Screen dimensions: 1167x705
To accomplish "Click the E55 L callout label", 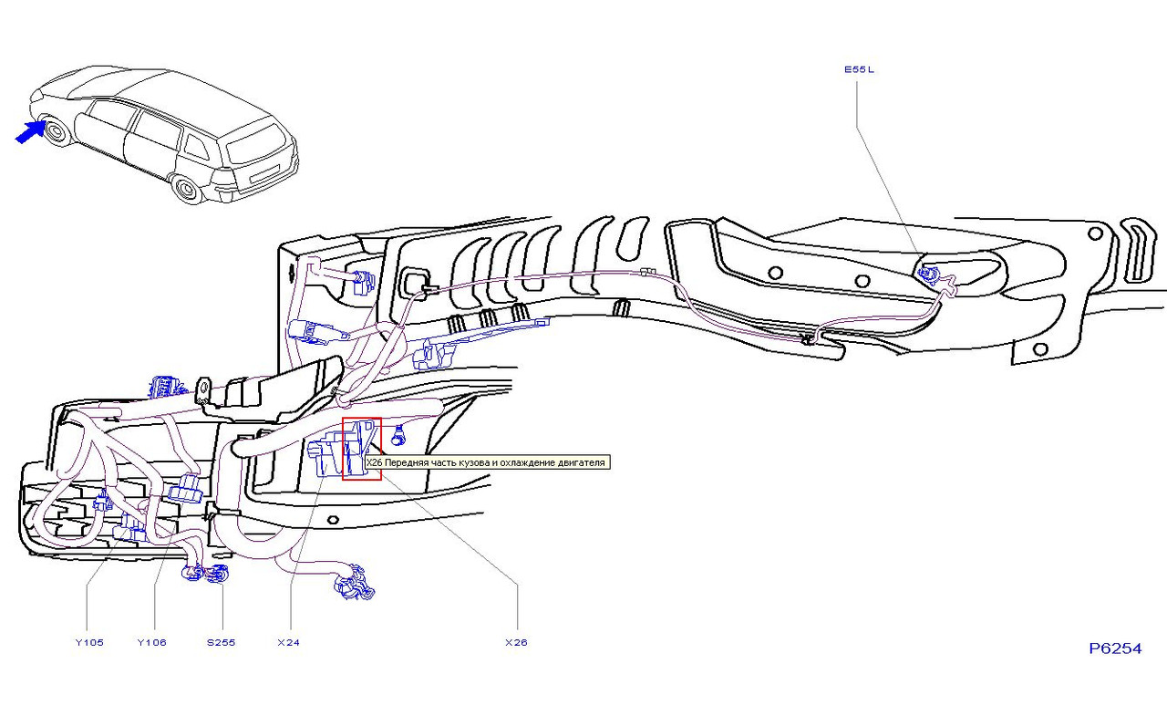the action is tap(859, 69).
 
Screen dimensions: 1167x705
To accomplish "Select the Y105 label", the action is tap(89, 642).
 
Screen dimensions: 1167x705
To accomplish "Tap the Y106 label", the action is tap(151, 642).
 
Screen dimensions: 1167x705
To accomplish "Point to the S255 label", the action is tap(222, 642).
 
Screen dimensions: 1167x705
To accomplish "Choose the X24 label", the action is tap(289, 642).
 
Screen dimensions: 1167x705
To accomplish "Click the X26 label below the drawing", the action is tap(516, 642).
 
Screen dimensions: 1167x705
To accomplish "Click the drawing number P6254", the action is tap(1115, 648).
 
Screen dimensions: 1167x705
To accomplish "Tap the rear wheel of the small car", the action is tap(187, 190).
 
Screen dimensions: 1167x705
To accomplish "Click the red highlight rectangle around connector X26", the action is tap(362, 449).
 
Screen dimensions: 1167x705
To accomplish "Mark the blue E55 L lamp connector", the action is tap(928, 275).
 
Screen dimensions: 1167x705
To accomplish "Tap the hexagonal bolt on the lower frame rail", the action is tap(334, 520).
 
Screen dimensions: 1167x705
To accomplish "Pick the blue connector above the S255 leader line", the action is tap(219, 573).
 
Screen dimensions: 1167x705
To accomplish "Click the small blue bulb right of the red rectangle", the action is tap(399, 436).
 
